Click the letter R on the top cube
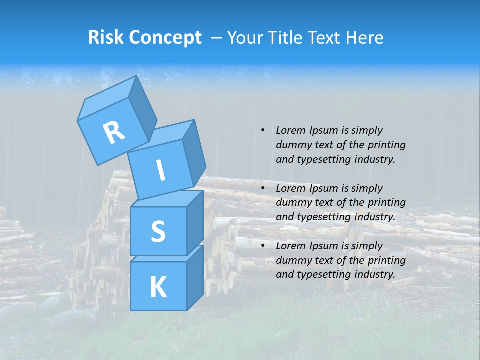pyautogui.click(x=114, y=132)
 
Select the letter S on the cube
pyautogui.click(x=158, y=231)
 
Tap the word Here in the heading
pyautogui.click(x=364, y=37)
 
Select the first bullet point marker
pyautogui.click(x=263, y=130)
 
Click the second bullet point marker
pyautogui.click(x=263, y=188)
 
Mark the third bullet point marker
pyautogui.click(x=263, y=246)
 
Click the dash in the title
pyautogui.click(x=217, y=38)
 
